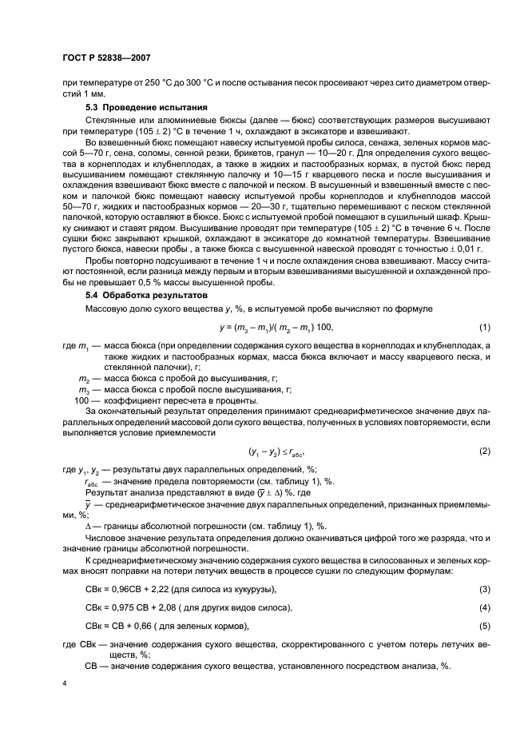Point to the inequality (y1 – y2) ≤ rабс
coord(269,451)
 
